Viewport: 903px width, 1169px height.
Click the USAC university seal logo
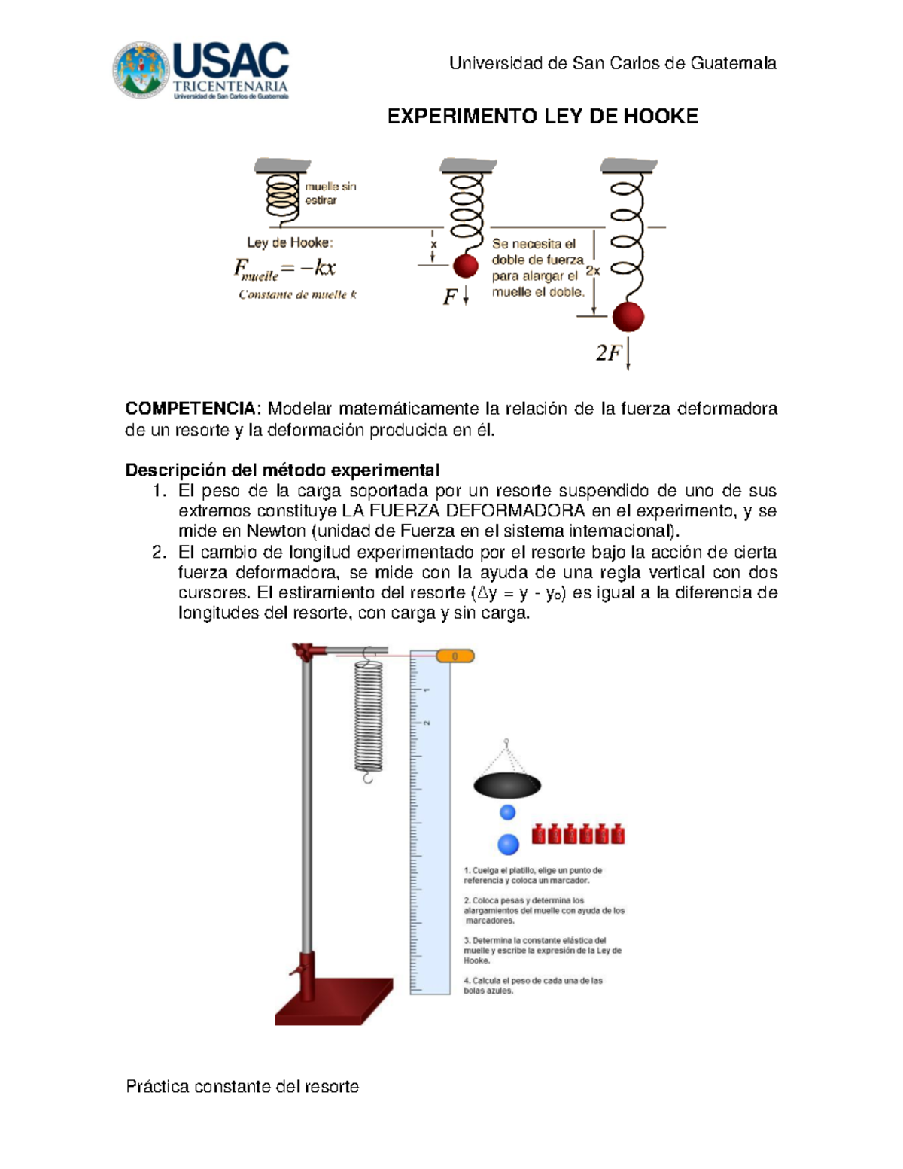[141, 69]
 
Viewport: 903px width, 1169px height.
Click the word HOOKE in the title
[665, 116]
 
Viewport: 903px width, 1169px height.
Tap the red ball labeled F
[466, 266]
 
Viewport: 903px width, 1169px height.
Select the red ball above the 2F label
[628, 317]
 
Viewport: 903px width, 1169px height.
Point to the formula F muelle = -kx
[284, 268]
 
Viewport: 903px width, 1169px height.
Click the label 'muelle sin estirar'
[330, 193]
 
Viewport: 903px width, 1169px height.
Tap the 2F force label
[609, 352]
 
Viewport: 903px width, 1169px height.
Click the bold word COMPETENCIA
[190, 409]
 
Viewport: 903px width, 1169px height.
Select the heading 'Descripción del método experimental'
[282, 470]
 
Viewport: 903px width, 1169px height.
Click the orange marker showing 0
[455, 656]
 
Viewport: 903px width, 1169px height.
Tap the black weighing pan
[507, 786]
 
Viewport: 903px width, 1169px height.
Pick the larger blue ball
[509, 844]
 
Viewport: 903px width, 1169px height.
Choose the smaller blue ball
[508, 812]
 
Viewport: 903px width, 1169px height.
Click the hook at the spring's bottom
[368, 777]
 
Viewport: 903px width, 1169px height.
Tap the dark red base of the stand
[335, 1001]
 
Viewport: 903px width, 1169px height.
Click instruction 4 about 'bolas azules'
[533, 985]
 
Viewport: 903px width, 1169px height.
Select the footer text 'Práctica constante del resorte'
[242, 1086]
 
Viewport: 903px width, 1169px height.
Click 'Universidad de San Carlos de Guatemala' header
[613, 63]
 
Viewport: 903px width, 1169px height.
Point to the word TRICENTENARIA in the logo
[230, 87]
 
